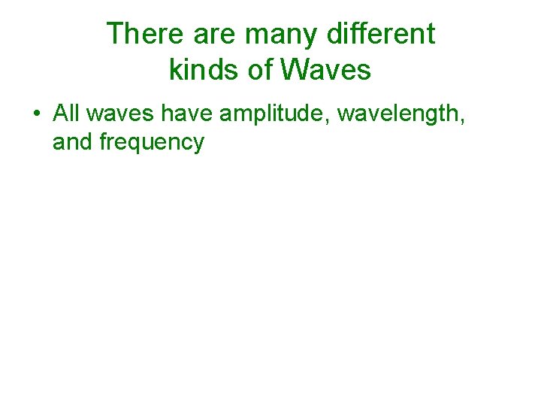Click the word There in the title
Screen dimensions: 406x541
(143, 34)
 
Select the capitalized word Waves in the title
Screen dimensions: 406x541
(326, 70)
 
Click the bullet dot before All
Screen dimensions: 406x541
(36, 114)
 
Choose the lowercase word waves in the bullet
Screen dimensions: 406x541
(118, 114)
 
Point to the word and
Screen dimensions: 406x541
(73, 141)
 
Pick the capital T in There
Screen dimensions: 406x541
(114, 34)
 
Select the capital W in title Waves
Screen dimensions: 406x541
(293, 70)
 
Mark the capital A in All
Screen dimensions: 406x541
(60, 114)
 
